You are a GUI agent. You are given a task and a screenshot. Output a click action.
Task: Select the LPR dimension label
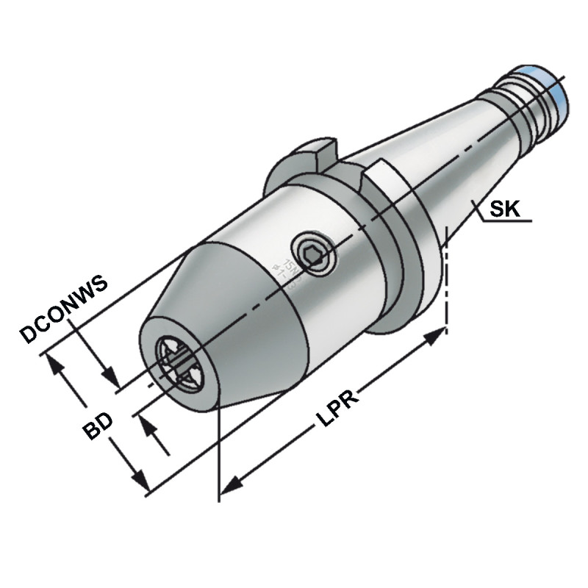pyautogui.click(x=337, y=409)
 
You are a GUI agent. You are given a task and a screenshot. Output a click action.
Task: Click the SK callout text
pyautogui.click(x=505, y=209)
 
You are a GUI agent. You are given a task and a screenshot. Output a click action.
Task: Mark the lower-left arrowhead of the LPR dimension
pyautogui.click(x=231, y=486)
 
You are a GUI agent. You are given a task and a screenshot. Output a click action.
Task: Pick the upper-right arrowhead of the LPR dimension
pyautogui.click(x=438, y=335)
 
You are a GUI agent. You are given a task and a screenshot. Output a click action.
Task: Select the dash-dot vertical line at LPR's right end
pyautogui.click(x=447, y=279)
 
